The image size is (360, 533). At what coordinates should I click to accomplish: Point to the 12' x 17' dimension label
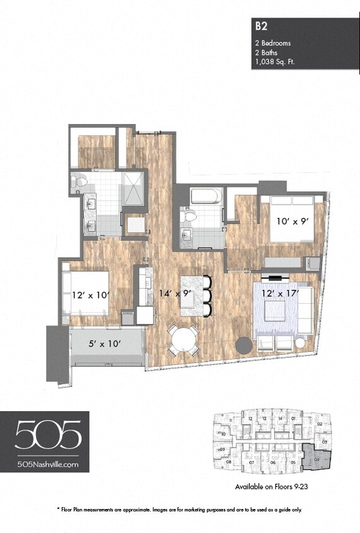click(279, 293)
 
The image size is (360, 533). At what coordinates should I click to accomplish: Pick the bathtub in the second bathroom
click(206, 196)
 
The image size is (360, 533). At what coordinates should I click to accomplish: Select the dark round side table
click(244, 345)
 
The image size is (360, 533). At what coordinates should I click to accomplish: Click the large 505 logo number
click(48, 435)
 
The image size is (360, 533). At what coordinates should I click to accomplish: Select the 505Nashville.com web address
click(48, 464)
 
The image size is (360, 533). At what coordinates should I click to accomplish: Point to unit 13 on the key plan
click(265, 419)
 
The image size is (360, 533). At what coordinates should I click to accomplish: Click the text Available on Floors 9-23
click(270, 487)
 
